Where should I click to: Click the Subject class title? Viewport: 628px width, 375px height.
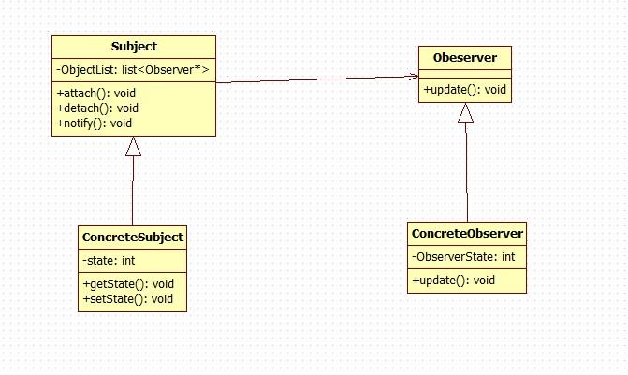tap(133, 46)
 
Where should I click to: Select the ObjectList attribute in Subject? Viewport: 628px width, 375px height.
tap(133, 70)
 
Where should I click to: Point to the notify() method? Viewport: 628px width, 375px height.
tap(95, 123)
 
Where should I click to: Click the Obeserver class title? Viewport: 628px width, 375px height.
tap(465, 59)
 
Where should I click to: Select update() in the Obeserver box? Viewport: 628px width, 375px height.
tap(465, 90)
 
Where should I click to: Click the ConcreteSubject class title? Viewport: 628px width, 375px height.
tap(133, 238)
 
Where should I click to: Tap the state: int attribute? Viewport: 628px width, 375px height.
tap(110, 261)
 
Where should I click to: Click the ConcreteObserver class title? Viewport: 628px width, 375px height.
tap(467, 233)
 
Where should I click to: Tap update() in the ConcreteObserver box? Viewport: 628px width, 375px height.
tap(453, 280)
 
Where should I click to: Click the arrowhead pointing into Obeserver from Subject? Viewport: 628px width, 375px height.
tap(413, 77)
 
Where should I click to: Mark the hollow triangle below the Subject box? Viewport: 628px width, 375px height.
tap(133, 146)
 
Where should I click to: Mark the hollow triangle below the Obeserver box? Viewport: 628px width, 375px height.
tap(465, 113)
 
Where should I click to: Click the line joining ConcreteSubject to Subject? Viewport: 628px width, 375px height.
tap(133, 192)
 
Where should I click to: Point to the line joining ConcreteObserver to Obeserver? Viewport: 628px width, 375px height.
tap(466, 173)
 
